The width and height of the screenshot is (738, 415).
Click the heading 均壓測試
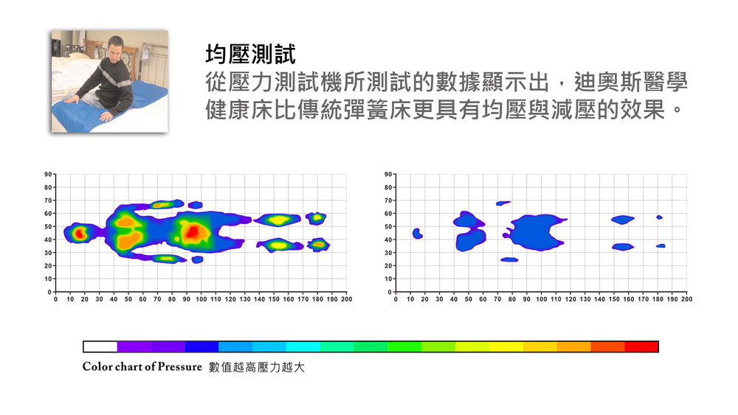[x=250, y=55]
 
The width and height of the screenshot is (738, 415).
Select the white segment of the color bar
[x=100, y=346]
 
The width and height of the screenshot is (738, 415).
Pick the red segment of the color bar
[x=641, y=346]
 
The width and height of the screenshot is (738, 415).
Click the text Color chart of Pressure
[x=142, y=367]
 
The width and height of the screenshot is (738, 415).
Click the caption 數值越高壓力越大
[x=257, y=367]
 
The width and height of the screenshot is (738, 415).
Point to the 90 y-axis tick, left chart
[x=48, y=174]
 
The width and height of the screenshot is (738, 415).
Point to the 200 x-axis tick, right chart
[x=686, y=299]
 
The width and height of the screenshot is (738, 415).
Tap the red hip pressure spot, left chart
[x=194, y=232]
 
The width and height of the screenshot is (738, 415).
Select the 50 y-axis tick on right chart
[x=387, y=227]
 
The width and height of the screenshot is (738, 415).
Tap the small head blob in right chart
[x=417, y=234]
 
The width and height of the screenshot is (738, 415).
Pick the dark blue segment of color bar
[x=201, y=346]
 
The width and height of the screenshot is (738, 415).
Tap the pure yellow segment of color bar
[x=506, y=346]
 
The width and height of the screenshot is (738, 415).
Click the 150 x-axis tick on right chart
[x=614, y=299]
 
